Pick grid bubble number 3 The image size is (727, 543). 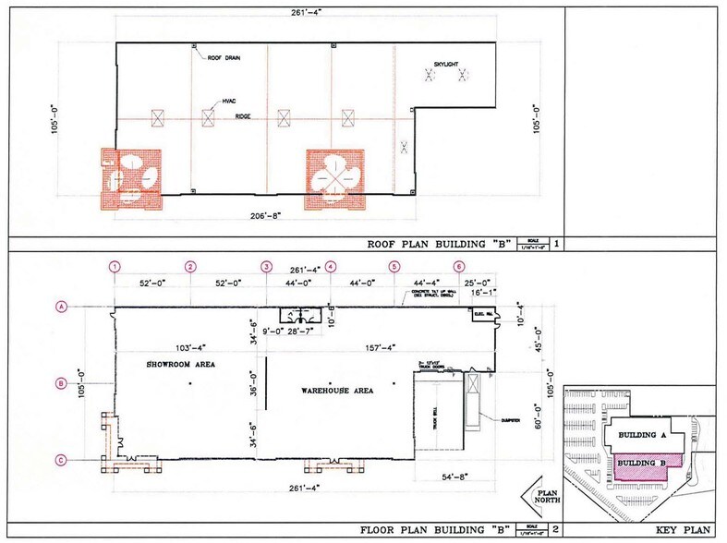pyautogui.click(x=266, y=267)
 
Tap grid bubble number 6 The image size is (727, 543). pyautogui.click(x=459, y=267)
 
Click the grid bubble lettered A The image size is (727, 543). pyautogui.click(x=63, y=308)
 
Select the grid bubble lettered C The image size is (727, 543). pyautogui.click(x=63, y=459)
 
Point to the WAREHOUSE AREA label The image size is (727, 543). pyautogui.click(x=336, y=391)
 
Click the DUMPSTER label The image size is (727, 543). pyautogui.click(x=506, y=418)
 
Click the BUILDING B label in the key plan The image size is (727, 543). pyautogui.click(x=642, y=461)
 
